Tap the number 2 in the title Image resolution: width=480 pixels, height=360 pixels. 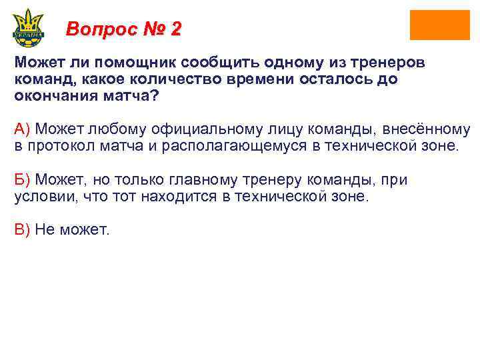pos(175,29)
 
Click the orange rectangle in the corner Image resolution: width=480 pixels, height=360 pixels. pos(439,25)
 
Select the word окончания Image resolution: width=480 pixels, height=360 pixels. pos(48,95)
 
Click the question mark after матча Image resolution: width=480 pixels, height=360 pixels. pos(156,95)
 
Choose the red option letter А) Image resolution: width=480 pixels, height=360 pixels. pos(23,129)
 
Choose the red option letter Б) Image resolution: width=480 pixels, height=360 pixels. pos(23,180)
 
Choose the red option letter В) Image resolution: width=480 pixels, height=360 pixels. pos(23,230)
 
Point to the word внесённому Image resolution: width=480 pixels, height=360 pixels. pos(425,129)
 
